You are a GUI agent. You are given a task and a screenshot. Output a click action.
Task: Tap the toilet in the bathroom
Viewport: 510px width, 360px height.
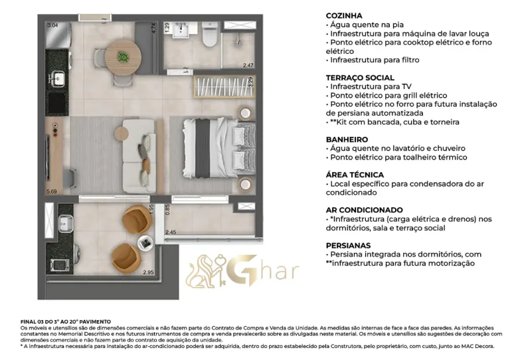[x=210, y=38]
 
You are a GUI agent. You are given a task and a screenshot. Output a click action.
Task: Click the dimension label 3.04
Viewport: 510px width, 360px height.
[x=52, y=25]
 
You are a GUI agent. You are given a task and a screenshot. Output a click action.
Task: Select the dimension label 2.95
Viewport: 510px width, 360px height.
[x=148, y=272]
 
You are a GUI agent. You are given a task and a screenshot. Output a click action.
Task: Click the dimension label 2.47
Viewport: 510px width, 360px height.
[x=248, y=65]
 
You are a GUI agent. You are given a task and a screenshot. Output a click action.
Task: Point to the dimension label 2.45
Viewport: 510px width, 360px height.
[x=171, y=232]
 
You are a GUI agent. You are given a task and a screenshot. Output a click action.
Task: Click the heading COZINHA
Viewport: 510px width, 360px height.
[x=344, y=15]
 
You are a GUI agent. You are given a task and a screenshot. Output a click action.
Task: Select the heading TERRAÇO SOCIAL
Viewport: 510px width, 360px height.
[x=360, y=78]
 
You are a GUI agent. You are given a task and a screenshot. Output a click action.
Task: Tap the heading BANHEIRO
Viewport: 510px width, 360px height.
[x=347, y=139]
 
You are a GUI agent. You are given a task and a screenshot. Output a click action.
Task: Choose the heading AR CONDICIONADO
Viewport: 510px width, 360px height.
[x=364, y=210]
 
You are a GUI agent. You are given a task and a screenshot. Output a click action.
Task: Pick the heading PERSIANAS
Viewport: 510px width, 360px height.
[x=349, y=245]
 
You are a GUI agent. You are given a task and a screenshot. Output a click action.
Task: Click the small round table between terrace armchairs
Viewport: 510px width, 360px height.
[x=145, y=242]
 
